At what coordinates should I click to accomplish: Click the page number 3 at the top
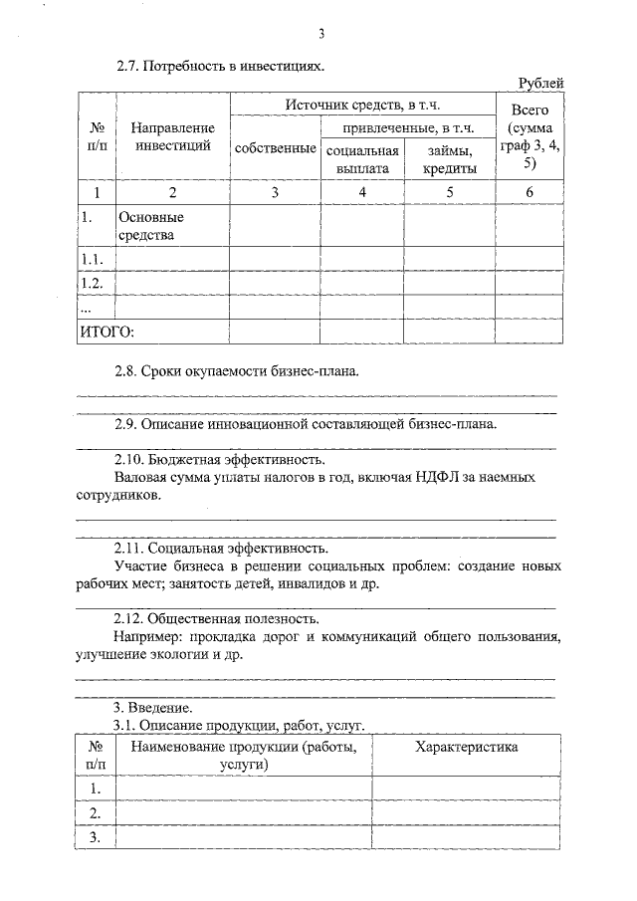(321, 36)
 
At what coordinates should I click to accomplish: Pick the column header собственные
(275, 148)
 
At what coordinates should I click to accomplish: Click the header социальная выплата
(361, 159)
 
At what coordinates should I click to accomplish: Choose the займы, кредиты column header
(449, 159)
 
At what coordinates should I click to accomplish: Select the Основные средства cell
(151, 225)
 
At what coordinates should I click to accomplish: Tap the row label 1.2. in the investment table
(92, 283)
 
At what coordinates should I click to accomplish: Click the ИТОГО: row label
(106, 332)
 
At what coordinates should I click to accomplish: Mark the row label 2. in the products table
(96, 813)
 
